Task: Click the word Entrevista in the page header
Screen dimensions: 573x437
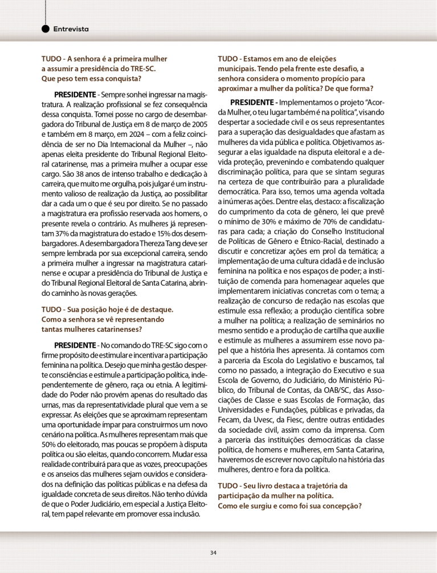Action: pos(71,29)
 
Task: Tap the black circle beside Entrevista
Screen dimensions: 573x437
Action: pos(46,29)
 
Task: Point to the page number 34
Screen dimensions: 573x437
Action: pos(213,552)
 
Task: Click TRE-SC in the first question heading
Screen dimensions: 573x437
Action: pos(144,68)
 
